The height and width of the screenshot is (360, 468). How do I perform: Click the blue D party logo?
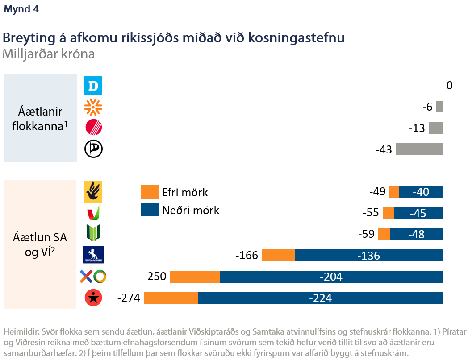point(93,86)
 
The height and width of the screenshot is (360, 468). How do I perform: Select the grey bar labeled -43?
point(419,149)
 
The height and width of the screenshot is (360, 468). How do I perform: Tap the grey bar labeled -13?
point(435,128)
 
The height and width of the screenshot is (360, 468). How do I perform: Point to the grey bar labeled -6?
point(439,107)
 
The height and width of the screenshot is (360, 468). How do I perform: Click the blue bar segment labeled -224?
point(320,298)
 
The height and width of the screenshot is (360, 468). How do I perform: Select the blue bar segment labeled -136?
point(368,256)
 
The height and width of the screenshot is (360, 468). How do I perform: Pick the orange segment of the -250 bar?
point(195,277)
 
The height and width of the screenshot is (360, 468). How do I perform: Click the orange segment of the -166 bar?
point(278,256)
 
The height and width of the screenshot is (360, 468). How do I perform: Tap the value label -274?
point(129,298)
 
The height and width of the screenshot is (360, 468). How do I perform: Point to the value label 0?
point(449,85)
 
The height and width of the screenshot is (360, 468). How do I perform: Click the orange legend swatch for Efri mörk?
point(149,192)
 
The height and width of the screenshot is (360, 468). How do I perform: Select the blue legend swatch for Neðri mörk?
point(149,210)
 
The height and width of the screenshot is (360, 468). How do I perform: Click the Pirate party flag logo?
point(93,149)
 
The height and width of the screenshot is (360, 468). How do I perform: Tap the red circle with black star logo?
point(94,298)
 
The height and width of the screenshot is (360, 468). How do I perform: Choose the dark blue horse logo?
point(93,255)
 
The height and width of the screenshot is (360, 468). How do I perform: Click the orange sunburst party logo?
point(93,107)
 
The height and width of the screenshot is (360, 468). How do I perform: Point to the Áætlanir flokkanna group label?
point(40,118)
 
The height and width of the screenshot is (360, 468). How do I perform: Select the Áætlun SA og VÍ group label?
point(40,244)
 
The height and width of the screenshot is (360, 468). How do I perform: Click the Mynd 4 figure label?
point(21,10)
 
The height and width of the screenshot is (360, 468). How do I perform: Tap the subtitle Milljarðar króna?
point(49,54)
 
